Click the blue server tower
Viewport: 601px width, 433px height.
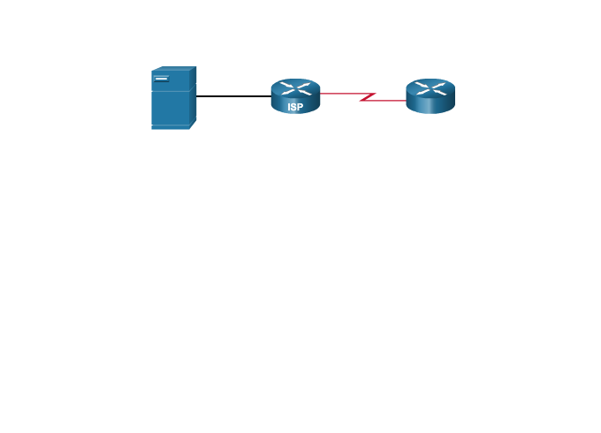172,99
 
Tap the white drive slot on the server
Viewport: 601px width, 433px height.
162,80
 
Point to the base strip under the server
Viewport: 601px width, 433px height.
171,127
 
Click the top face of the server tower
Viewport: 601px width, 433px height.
174,69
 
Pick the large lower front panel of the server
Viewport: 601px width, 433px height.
170,108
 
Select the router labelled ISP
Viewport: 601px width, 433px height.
295,96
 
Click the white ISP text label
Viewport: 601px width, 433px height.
295,107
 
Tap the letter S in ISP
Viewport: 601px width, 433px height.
295,107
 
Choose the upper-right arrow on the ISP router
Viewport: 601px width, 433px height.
305,84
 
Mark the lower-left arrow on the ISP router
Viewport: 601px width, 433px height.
286,91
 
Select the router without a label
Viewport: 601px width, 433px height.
430,96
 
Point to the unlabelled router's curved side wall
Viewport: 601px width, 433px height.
430,105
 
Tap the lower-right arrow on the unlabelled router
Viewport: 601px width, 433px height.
440,91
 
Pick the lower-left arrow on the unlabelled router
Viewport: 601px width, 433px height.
422,91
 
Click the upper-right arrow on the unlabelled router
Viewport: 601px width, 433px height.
440,84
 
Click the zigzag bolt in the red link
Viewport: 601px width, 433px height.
367,96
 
